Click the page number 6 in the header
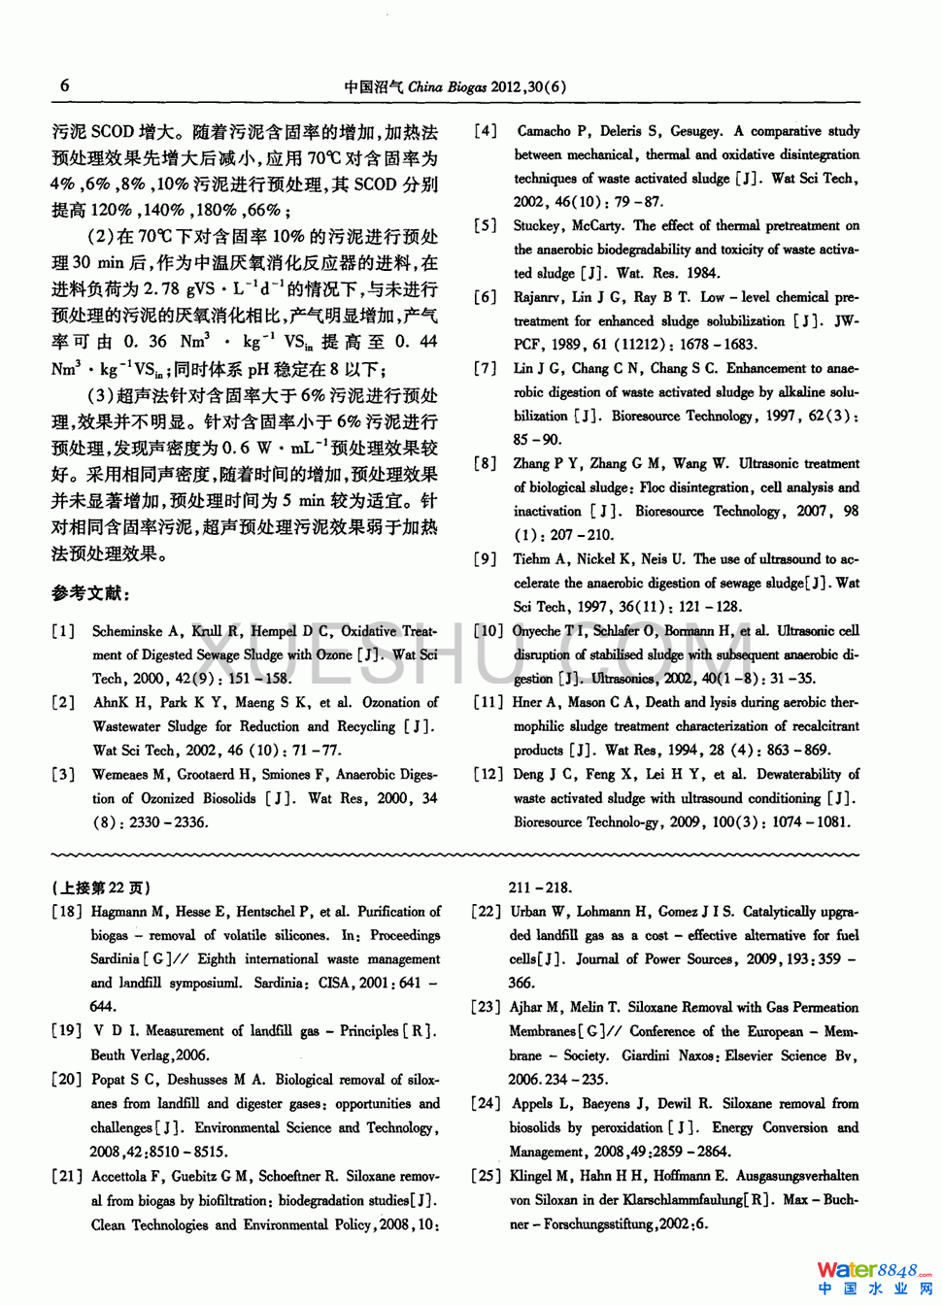[64, 85]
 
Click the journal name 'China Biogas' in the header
[447, 86]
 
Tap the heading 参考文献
[90, 593]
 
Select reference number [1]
[63, 631]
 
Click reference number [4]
[486, 131]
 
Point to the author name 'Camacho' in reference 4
[544, 131]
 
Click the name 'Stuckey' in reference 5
[537, 226]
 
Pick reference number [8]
[486, 464]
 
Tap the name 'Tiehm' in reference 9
[531, 559]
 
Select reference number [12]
[488, 775]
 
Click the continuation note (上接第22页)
[101, 887]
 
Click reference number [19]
[67, 1031]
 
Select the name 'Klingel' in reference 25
[532, 1176]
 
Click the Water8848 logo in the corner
[874, 1277]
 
